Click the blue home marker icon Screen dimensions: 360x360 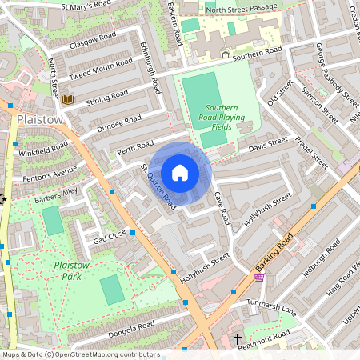pyautogui.click(x=180, y=173)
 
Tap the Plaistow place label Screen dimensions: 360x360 pyautogui.click(x=38, y=119)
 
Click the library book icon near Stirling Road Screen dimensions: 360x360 pyautogui.click(x=67, y=99)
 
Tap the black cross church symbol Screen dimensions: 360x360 pyautogui.click(x=237, y=340)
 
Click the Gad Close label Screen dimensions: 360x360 pyautogui.click(x=110, y=237)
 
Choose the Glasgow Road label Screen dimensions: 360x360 pyautogui.click(x=93, y=40)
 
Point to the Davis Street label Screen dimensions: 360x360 pyautogui.click(x=267, y=144)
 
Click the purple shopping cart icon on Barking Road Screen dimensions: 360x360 pyautogui.click(x=259, y=278)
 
